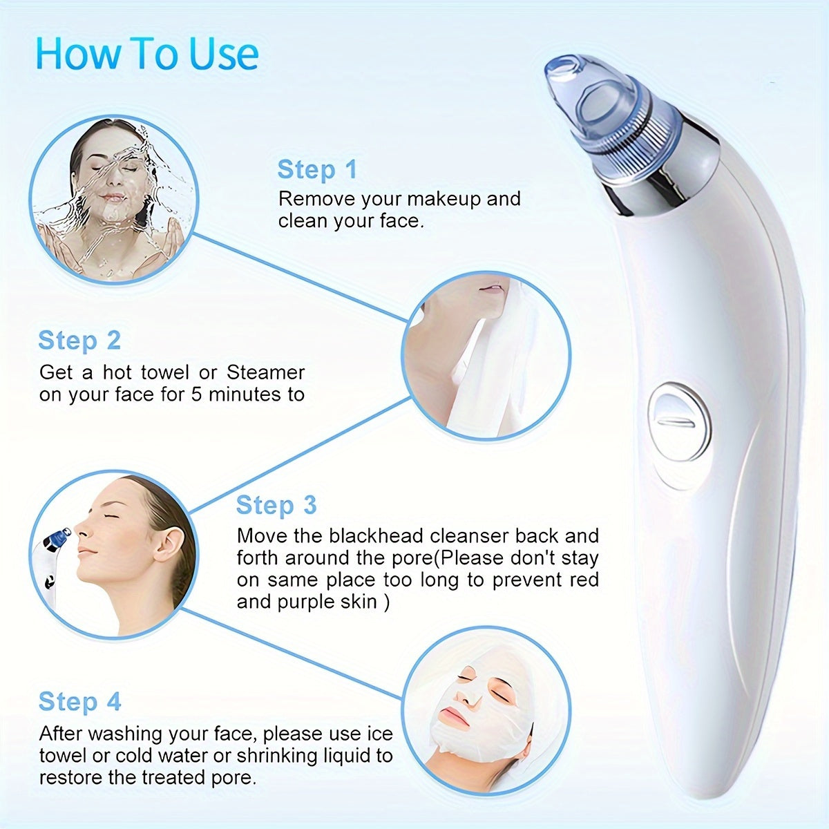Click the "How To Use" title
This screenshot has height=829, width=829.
[147, 54]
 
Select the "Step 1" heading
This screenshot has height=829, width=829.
[317, 169]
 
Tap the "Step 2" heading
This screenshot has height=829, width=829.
[79, 341]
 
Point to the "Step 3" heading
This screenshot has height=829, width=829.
[276, 505]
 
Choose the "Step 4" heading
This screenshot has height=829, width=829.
[79, 701]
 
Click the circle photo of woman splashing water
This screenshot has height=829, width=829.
[113, 200]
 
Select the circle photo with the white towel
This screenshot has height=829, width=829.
[486, 356]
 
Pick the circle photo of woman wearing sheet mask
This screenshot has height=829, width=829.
[486, 712]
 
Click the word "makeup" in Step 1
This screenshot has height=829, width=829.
[440, 199]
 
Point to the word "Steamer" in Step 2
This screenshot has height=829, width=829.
[266, 372]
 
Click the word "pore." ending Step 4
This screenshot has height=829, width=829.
[235, 777]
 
